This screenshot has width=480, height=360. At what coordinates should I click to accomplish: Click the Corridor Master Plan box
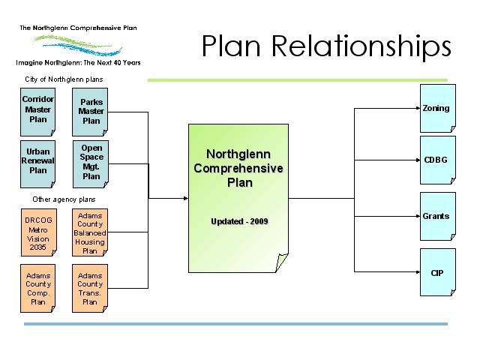pyautogui.click(x=35, y=109)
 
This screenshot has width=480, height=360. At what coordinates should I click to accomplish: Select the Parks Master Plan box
pyautogui.click(x=91, y=109)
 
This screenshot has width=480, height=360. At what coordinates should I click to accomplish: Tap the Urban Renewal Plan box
pyautogui.click(x=35, y=160)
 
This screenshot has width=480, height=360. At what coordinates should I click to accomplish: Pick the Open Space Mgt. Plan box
pyautogui.click(x=91, y=160)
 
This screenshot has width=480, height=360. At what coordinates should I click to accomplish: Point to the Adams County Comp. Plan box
pyautogui.click(x=35, y=288)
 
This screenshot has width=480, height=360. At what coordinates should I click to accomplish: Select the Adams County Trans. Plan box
pyautogui.click(x=91, y=288)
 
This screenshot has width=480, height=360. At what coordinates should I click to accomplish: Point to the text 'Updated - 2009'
pyautogui.click(x=238, y=222)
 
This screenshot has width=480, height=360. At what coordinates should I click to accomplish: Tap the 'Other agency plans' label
pyautogui.click(x=63, y=199)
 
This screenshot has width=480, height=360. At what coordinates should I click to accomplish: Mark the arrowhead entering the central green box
pyautogui.click(x=184, y=198)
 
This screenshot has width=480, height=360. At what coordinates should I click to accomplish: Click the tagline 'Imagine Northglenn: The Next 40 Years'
pyautogui.click(x=79, y=62)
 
